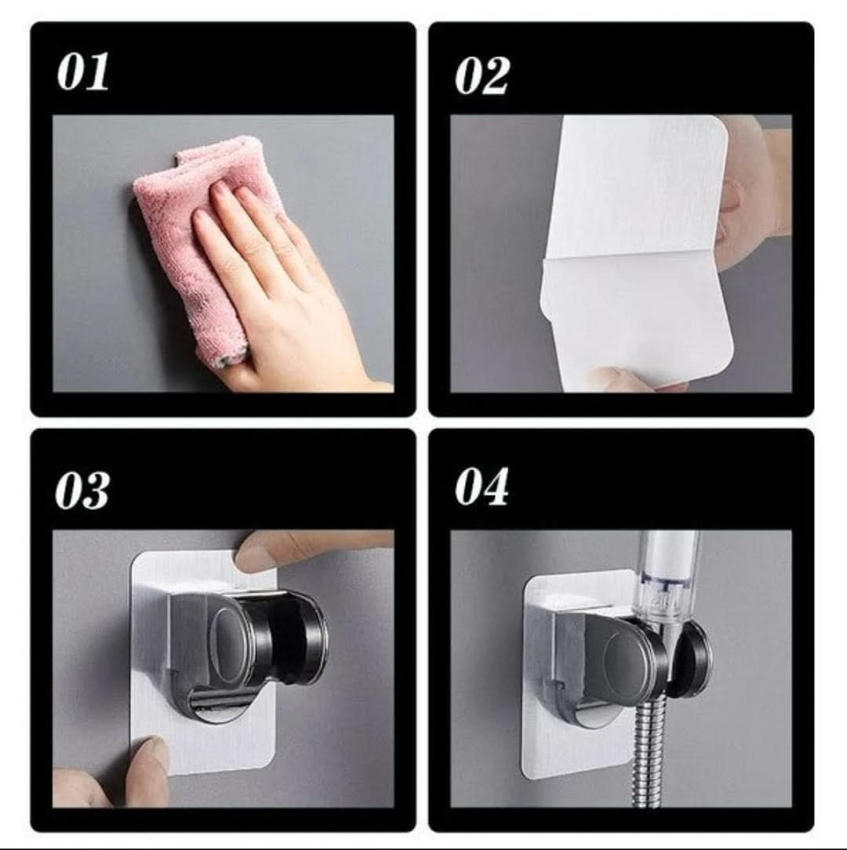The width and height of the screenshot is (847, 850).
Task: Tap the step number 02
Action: click(482, 76)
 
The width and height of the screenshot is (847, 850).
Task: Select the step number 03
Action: click(82, 490)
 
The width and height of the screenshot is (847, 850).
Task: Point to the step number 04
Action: click(481, 486)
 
